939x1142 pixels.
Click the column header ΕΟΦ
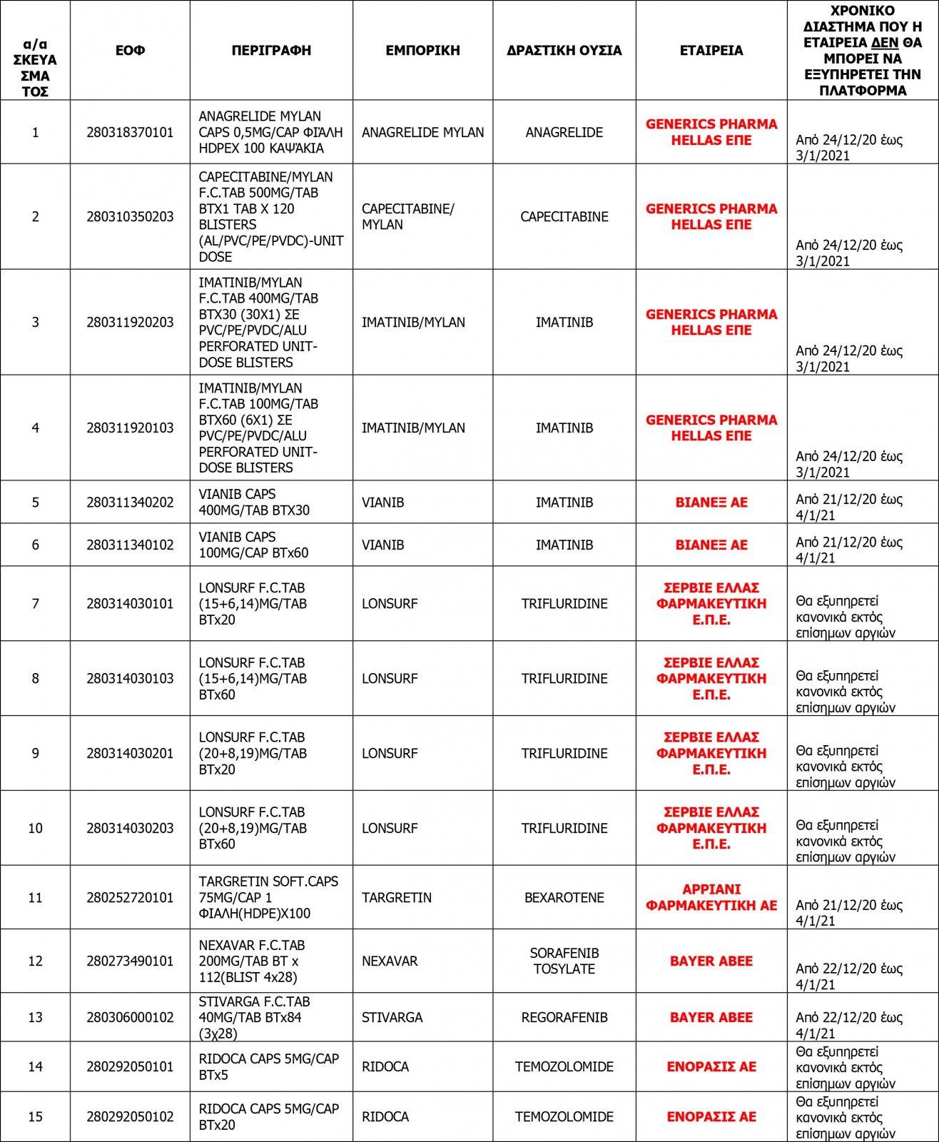[x=130, y=51]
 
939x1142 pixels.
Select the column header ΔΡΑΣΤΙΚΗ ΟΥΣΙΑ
[x=564, y=51]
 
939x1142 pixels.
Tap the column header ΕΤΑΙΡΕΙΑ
[x=711, y=51]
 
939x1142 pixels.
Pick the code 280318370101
[x=130, y=133]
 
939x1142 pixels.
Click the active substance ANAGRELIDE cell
[x=564, y=133]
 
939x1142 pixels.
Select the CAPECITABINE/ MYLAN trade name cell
[x=408, y=216]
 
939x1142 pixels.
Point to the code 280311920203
[x=130, y=323]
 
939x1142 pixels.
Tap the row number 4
[x=35, y=428]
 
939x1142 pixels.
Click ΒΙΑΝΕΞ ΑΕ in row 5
[x=711, y=502]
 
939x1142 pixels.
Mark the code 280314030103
[x=130, y=679]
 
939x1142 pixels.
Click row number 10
[x=35, y=829]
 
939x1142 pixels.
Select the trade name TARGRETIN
[x=396, y=898]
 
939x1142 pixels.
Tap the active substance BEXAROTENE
[x=564, y=898]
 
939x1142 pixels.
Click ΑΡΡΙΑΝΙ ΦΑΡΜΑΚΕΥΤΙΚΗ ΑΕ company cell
[x=711, y=897]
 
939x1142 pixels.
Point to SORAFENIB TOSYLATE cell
[x=564, y=961]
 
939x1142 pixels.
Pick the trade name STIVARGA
[x=392, y=1018]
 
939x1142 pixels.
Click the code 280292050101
[x=130, y=1067]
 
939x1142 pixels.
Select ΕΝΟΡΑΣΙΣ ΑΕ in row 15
[x=711, y=1117]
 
